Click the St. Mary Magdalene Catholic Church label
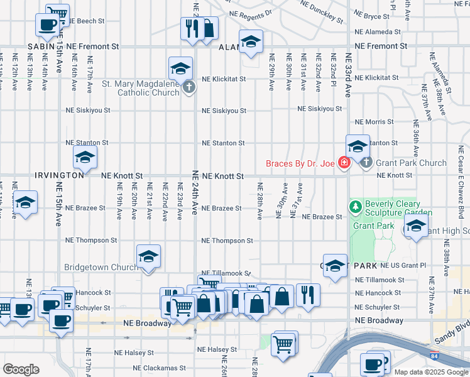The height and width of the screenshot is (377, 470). click(x=140, y=88)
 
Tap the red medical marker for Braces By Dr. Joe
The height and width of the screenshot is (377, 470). click(x=344, y=163)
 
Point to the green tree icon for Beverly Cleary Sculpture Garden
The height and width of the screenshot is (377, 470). click(x=356, y=206)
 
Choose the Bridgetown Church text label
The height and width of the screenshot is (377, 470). click(x=101, y=267)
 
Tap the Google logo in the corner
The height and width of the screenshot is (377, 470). click(x=21, y=369)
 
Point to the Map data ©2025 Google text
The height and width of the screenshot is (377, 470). click(x=430, y=372)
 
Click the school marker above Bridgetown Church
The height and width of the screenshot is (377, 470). click(x=148, y=256)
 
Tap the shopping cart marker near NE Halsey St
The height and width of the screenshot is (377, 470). click(x=283, y=343)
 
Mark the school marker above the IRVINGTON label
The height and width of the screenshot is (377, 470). click(x=85, y=158)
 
